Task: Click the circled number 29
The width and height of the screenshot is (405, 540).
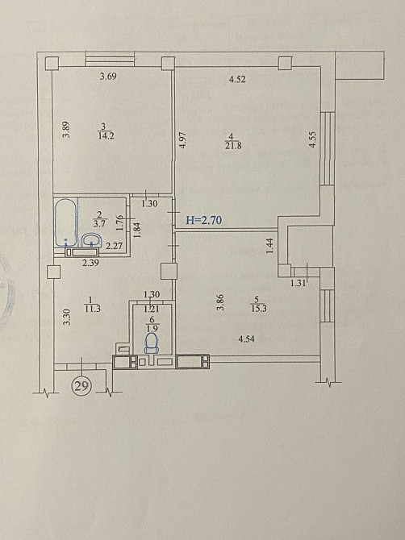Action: (x=81, y=387)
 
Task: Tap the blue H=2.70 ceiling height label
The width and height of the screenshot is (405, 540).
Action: (x=203, y=220)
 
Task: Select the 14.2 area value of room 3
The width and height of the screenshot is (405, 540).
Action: (x=106, y=135)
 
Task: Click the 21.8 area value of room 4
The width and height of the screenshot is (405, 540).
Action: (x=233, y=146)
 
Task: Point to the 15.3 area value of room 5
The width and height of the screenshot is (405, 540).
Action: (x=258, y=308)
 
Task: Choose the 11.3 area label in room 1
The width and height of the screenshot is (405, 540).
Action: (x=92, y=309)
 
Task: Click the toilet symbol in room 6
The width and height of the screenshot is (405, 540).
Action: (x=152, y=343)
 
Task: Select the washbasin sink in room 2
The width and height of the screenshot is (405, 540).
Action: (x=92, y=239)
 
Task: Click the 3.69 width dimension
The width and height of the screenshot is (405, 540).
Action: (x=108, y=77)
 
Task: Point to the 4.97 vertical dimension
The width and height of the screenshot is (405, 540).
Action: (x=183, y=140)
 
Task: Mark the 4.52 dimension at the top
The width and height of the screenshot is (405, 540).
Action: (x=237, y=80)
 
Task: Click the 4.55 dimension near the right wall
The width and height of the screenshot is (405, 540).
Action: (x=313, y=139)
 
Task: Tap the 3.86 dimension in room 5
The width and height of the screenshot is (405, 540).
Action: (x=220, y=302)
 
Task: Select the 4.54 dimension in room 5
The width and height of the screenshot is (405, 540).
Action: (x=246, y=339)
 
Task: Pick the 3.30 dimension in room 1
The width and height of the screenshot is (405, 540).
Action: (x=68, y=318)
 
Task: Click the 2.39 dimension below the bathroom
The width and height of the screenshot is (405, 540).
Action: (x=90, y=263)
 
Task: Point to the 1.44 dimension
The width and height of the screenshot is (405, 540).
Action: (x=270, y=247)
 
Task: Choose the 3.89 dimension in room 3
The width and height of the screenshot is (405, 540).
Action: (x=67, y=130)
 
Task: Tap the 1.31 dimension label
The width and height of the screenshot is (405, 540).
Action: (x=299, y=284)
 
